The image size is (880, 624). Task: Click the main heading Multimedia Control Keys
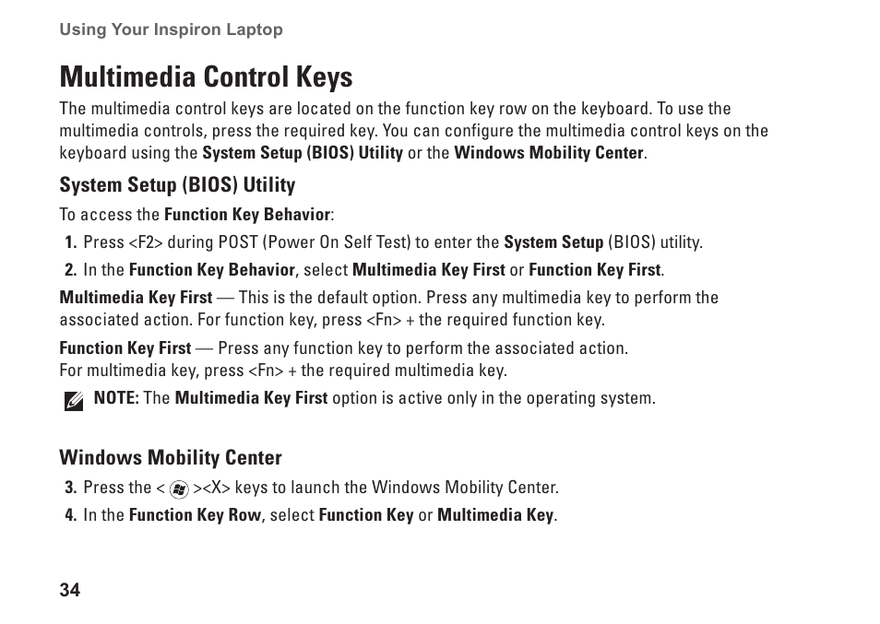[206, 76]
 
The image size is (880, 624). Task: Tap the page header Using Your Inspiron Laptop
[171, 29]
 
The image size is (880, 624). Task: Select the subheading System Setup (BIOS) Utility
[177, 185]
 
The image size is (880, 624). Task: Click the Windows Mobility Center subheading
[171, 458]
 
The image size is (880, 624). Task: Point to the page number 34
[70, 591]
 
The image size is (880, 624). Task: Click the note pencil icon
[74, 401]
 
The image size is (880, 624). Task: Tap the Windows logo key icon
[179, 489]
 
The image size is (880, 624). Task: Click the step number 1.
[70, 243]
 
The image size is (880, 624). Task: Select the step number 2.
[70, 270]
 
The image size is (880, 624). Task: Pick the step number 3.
[70, 488]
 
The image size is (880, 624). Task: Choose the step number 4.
[70, 515]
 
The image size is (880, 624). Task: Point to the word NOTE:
[116, 399]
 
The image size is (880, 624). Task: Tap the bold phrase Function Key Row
[195, 515]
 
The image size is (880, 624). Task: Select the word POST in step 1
[238, 243]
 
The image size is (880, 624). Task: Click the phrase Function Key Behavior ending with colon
[248, 215]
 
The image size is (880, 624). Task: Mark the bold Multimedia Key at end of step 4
[496, 515]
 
